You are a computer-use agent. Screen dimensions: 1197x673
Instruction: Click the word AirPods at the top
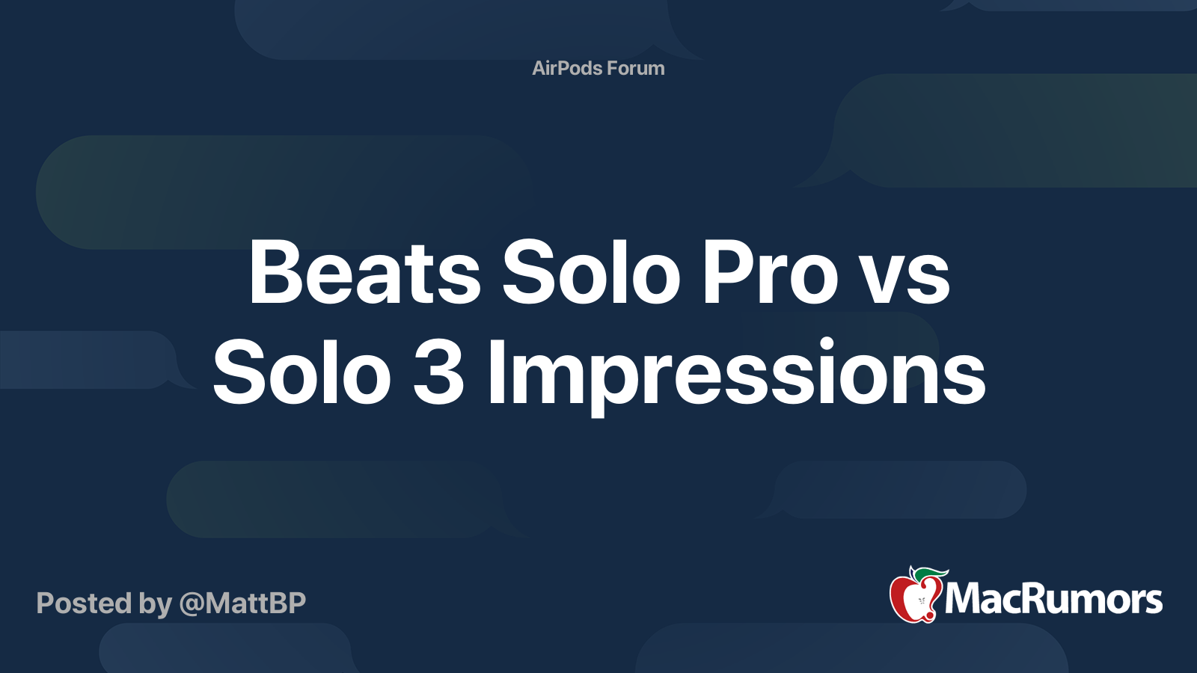(567, 68)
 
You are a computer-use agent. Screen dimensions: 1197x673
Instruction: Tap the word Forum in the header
(636, 68)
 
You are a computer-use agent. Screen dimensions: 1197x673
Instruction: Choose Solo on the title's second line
(301, 371)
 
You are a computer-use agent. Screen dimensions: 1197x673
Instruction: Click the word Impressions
(736, 377)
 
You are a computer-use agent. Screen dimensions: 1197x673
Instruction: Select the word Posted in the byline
(84, 603)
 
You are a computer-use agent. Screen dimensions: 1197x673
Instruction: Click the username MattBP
(255, 603)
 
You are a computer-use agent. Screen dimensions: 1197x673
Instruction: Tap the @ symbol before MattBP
(192, 604)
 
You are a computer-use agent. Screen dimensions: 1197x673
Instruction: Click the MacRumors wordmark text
(1053, 600)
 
